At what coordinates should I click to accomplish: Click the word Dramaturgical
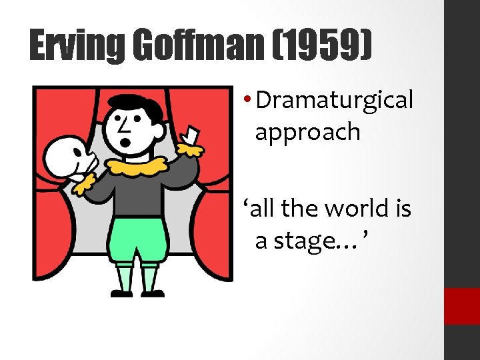point(335,101)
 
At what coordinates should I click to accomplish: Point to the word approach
point(307,132)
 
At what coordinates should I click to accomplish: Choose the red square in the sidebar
point(462,306)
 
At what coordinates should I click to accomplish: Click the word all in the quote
point(258,209)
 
